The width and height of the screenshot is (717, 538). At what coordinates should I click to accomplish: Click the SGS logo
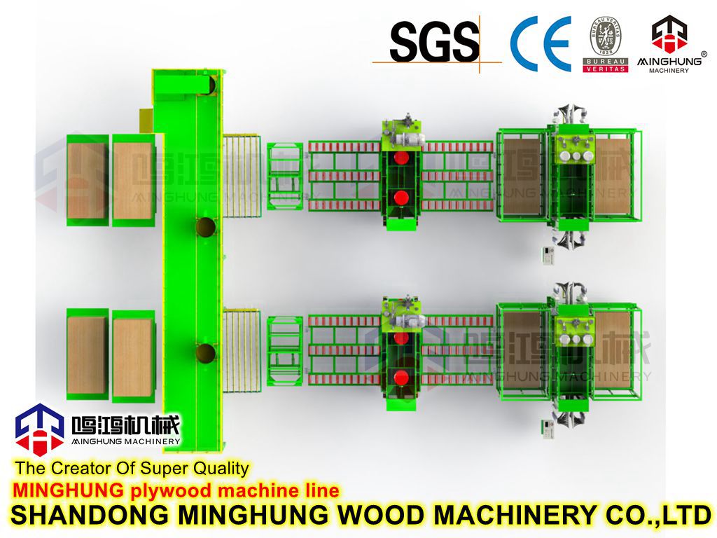click(x=435, y=41)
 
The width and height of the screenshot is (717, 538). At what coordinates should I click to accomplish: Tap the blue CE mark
click(x=541, y=43)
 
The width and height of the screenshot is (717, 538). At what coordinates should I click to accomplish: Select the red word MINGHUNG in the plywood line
click(x=69, y=490)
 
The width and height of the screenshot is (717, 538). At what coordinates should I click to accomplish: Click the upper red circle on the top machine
click(x=401, y=158)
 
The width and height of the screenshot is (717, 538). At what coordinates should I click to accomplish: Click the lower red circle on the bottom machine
click(x=401, y=378)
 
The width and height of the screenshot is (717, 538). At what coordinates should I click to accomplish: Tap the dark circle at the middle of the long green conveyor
click(x=206, y=228)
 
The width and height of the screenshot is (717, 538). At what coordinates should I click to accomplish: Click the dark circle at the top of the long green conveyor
click(x=209, y=84)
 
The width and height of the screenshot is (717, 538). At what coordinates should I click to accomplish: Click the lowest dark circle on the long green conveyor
click(x=206, y=352)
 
